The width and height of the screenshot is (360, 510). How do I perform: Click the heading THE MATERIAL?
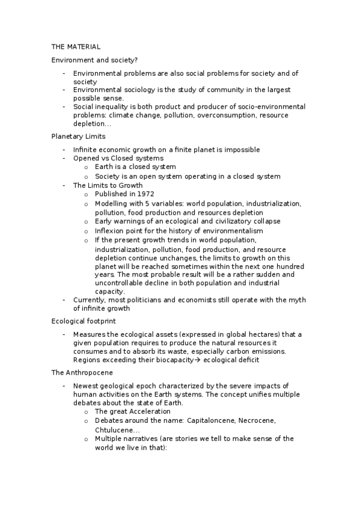click(76, 46)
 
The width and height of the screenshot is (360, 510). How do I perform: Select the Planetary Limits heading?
click(78, 137)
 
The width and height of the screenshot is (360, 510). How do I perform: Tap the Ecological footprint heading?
click(83, 321)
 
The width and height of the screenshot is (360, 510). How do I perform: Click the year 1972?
click(145, 194)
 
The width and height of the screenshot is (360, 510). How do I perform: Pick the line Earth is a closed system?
click(135, 167)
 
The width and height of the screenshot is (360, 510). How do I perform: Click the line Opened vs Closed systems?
click(118, 158)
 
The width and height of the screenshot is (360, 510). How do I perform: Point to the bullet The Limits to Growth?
click(108, 185)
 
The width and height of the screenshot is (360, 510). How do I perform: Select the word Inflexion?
click(111, 230)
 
